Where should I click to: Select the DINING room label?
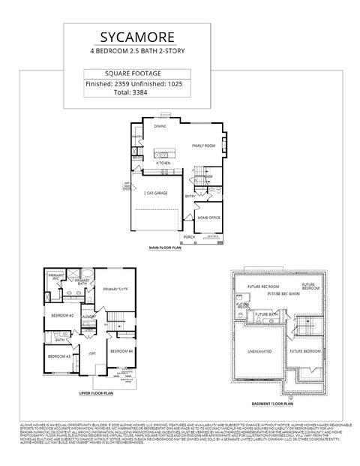[x=160, y=127]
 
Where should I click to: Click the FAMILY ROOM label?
[x=203, y=146]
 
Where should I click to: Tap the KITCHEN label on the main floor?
[x=163, y=163]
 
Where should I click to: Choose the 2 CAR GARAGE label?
[x=155, y=194]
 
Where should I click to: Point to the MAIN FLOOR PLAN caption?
[x=166, y=247]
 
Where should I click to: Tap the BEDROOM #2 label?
[x=61, y=316]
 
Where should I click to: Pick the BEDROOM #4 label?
[x=121, y=351]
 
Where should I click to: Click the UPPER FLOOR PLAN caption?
[x=96, y=392]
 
